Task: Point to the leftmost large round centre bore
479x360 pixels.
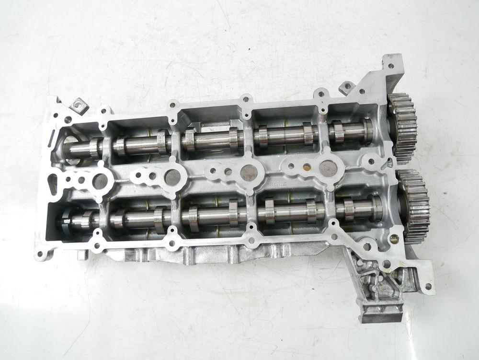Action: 100,181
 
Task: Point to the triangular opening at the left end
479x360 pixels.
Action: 60,182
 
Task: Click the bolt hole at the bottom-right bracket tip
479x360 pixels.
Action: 428,287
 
